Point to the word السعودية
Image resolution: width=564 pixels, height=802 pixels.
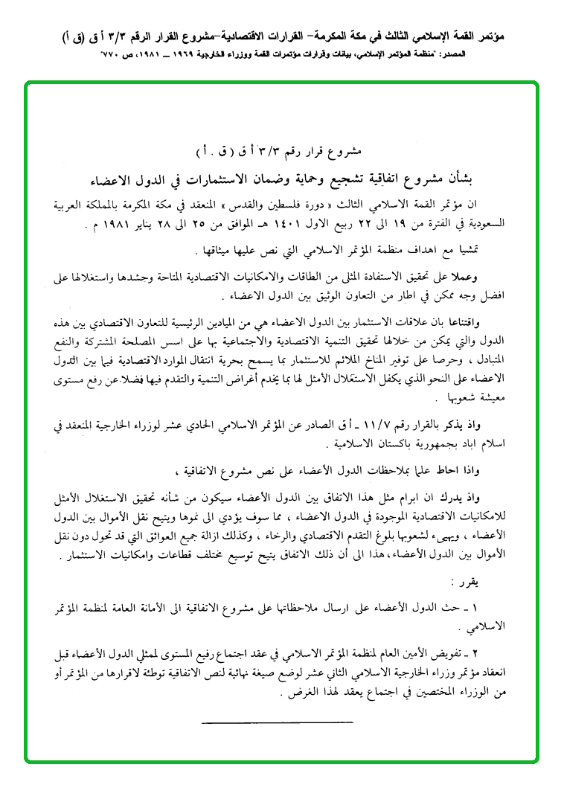pos(481,222)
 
